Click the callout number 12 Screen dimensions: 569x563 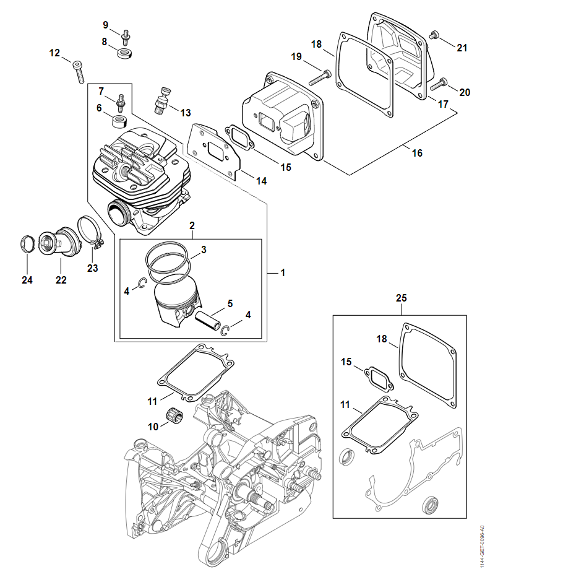tap(55, 53)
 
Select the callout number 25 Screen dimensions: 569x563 tap(402, 298)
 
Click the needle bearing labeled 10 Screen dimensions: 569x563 tap(174, 415)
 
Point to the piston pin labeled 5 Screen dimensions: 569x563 tap(208, 323)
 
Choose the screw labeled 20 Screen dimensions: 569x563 tap(441, 83)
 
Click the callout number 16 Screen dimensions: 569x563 tap(417, 152)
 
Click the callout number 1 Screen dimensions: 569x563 tap(283, 272)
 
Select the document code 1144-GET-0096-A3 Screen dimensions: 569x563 tap(483, 545)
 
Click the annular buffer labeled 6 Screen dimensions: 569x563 tap(119, 118)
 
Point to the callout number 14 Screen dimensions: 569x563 tap(262, 181)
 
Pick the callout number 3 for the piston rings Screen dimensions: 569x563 tap(204, 250)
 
